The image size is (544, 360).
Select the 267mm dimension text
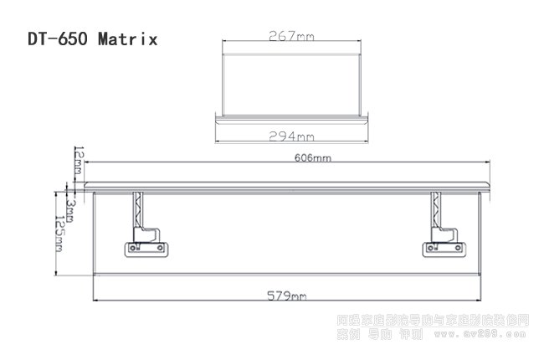[291, 36]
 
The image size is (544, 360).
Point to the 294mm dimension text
[291, 136]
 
